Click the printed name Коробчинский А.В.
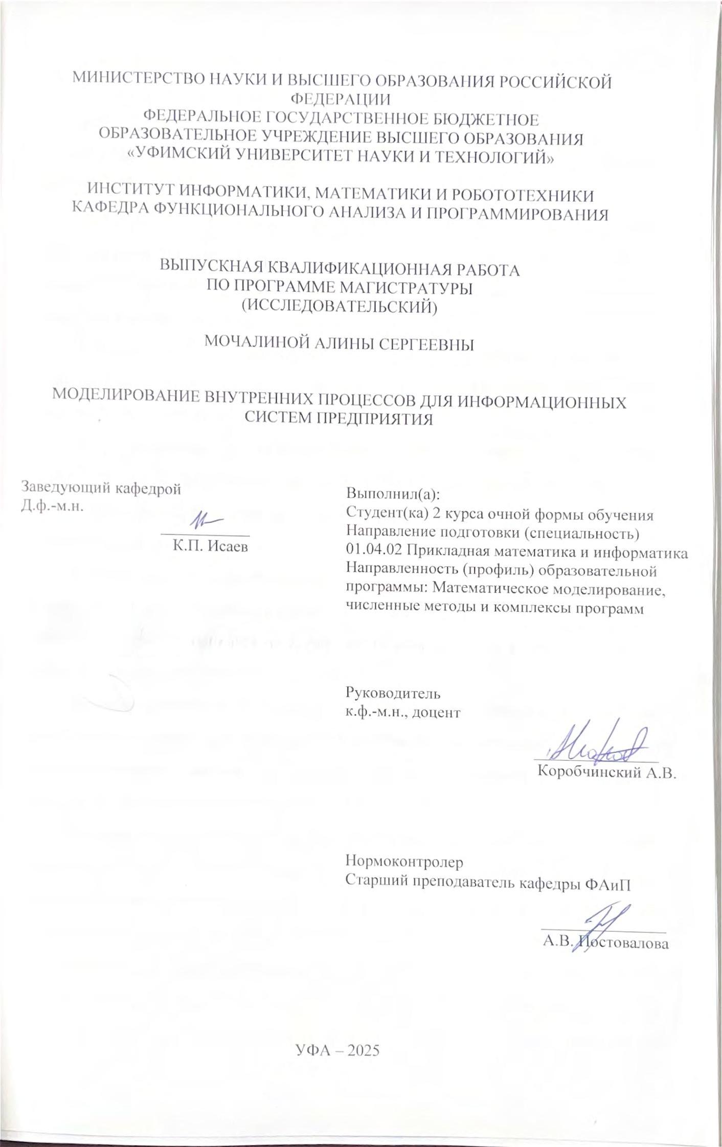pos(607,772)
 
